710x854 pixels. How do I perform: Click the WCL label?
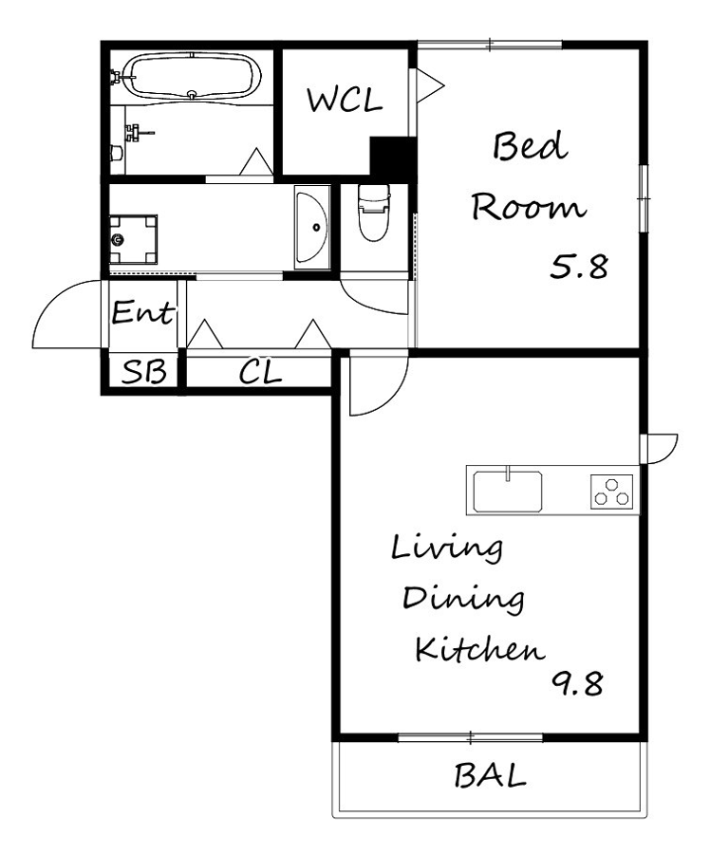pos(345,101)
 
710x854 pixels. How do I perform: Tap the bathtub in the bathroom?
pos(192,77)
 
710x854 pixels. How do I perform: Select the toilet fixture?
pos(374,213)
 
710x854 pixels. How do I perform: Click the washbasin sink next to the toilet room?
pos(312,227)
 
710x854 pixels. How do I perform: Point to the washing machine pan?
pos(134,240)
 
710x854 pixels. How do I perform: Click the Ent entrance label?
pos(142,312)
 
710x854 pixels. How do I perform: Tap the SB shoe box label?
pos(144,372)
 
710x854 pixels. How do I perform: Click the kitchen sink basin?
pos(508,492)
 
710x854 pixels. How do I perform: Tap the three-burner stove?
pos(612,492)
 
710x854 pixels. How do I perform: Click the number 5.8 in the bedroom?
pos(579,267)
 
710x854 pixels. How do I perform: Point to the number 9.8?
pos(578,683)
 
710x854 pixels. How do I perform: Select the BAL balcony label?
pos(491,776)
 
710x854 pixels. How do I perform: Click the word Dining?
pos(463,599)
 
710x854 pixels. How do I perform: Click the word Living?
pos(447,549)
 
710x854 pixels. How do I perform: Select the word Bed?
pos(530,146)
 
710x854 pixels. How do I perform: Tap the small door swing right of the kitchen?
pos(660,449)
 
